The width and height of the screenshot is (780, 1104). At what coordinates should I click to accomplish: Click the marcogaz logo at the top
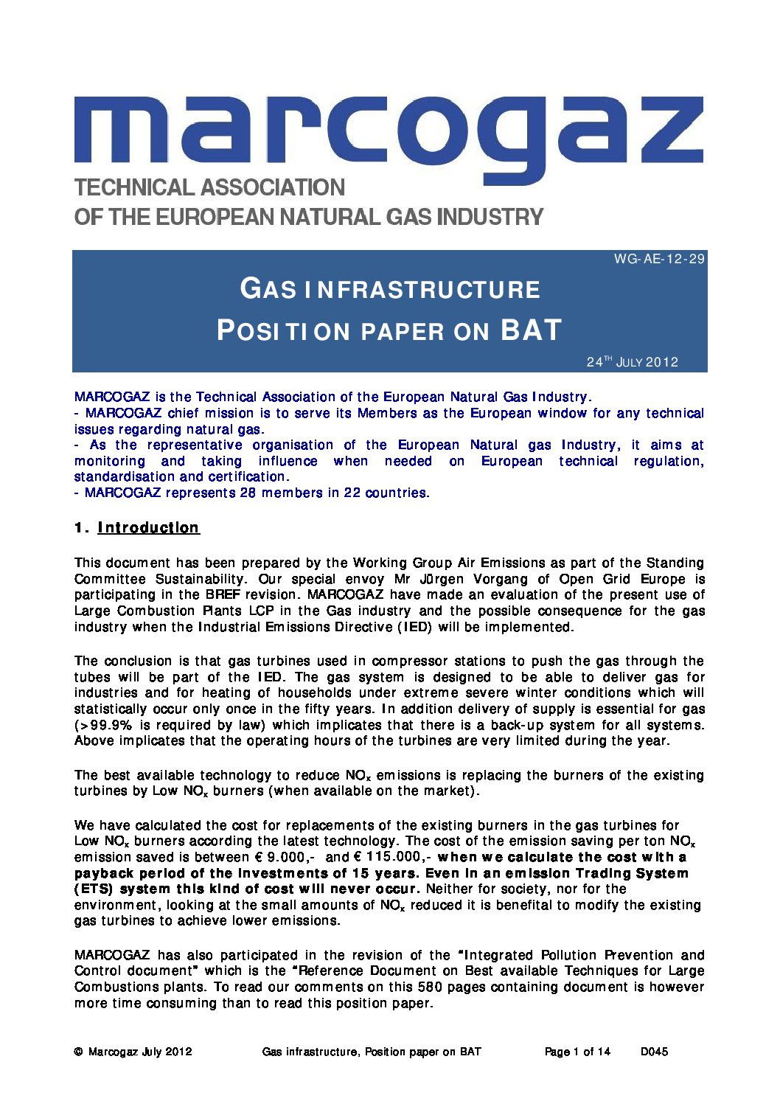pos(389,133)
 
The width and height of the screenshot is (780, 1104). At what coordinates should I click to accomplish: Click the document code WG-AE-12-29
pos(659,259)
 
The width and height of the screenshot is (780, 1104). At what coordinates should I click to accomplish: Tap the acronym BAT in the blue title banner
pos(531,330)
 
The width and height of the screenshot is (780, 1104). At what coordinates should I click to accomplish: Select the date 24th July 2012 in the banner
pos(632,362)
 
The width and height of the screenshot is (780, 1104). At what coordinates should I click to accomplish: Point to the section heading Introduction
pos(148,528)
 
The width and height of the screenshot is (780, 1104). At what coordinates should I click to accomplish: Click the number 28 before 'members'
pos(248,493)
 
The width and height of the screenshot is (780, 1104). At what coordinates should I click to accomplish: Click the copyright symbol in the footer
pos(78,1052)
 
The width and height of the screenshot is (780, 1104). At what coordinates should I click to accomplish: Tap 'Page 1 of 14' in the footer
pos(577,1052)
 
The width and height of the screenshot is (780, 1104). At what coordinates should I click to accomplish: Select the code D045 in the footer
pos(654,1052)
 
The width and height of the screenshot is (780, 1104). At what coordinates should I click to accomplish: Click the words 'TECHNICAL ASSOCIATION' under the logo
pos(209,188)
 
